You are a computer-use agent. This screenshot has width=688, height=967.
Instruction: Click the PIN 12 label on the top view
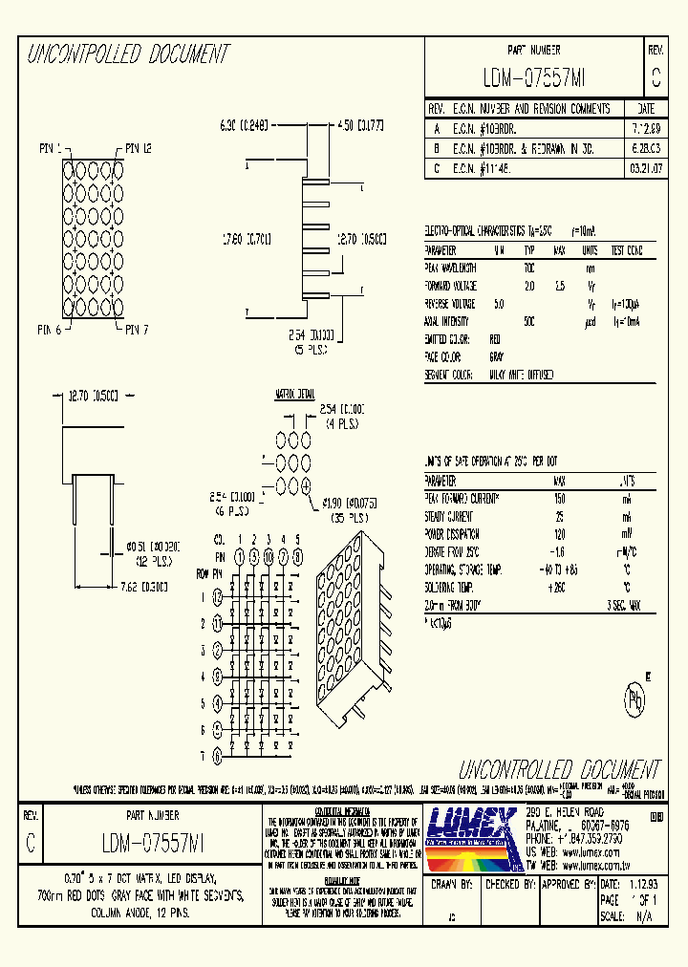[138, 148]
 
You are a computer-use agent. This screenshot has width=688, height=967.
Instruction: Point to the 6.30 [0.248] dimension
[244, 125]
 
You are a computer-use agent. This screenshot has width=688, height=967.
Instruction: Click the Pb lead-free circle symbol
[633, 699]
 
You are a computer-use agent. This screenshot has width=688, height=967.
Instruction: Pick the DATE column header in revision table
[645, 109]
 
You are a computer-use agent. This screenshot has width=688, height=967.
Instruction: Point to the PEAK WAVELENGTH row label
[451, 269]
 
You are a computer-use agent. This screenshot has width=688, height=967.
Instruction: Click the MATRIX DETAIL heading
[295, 393]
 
